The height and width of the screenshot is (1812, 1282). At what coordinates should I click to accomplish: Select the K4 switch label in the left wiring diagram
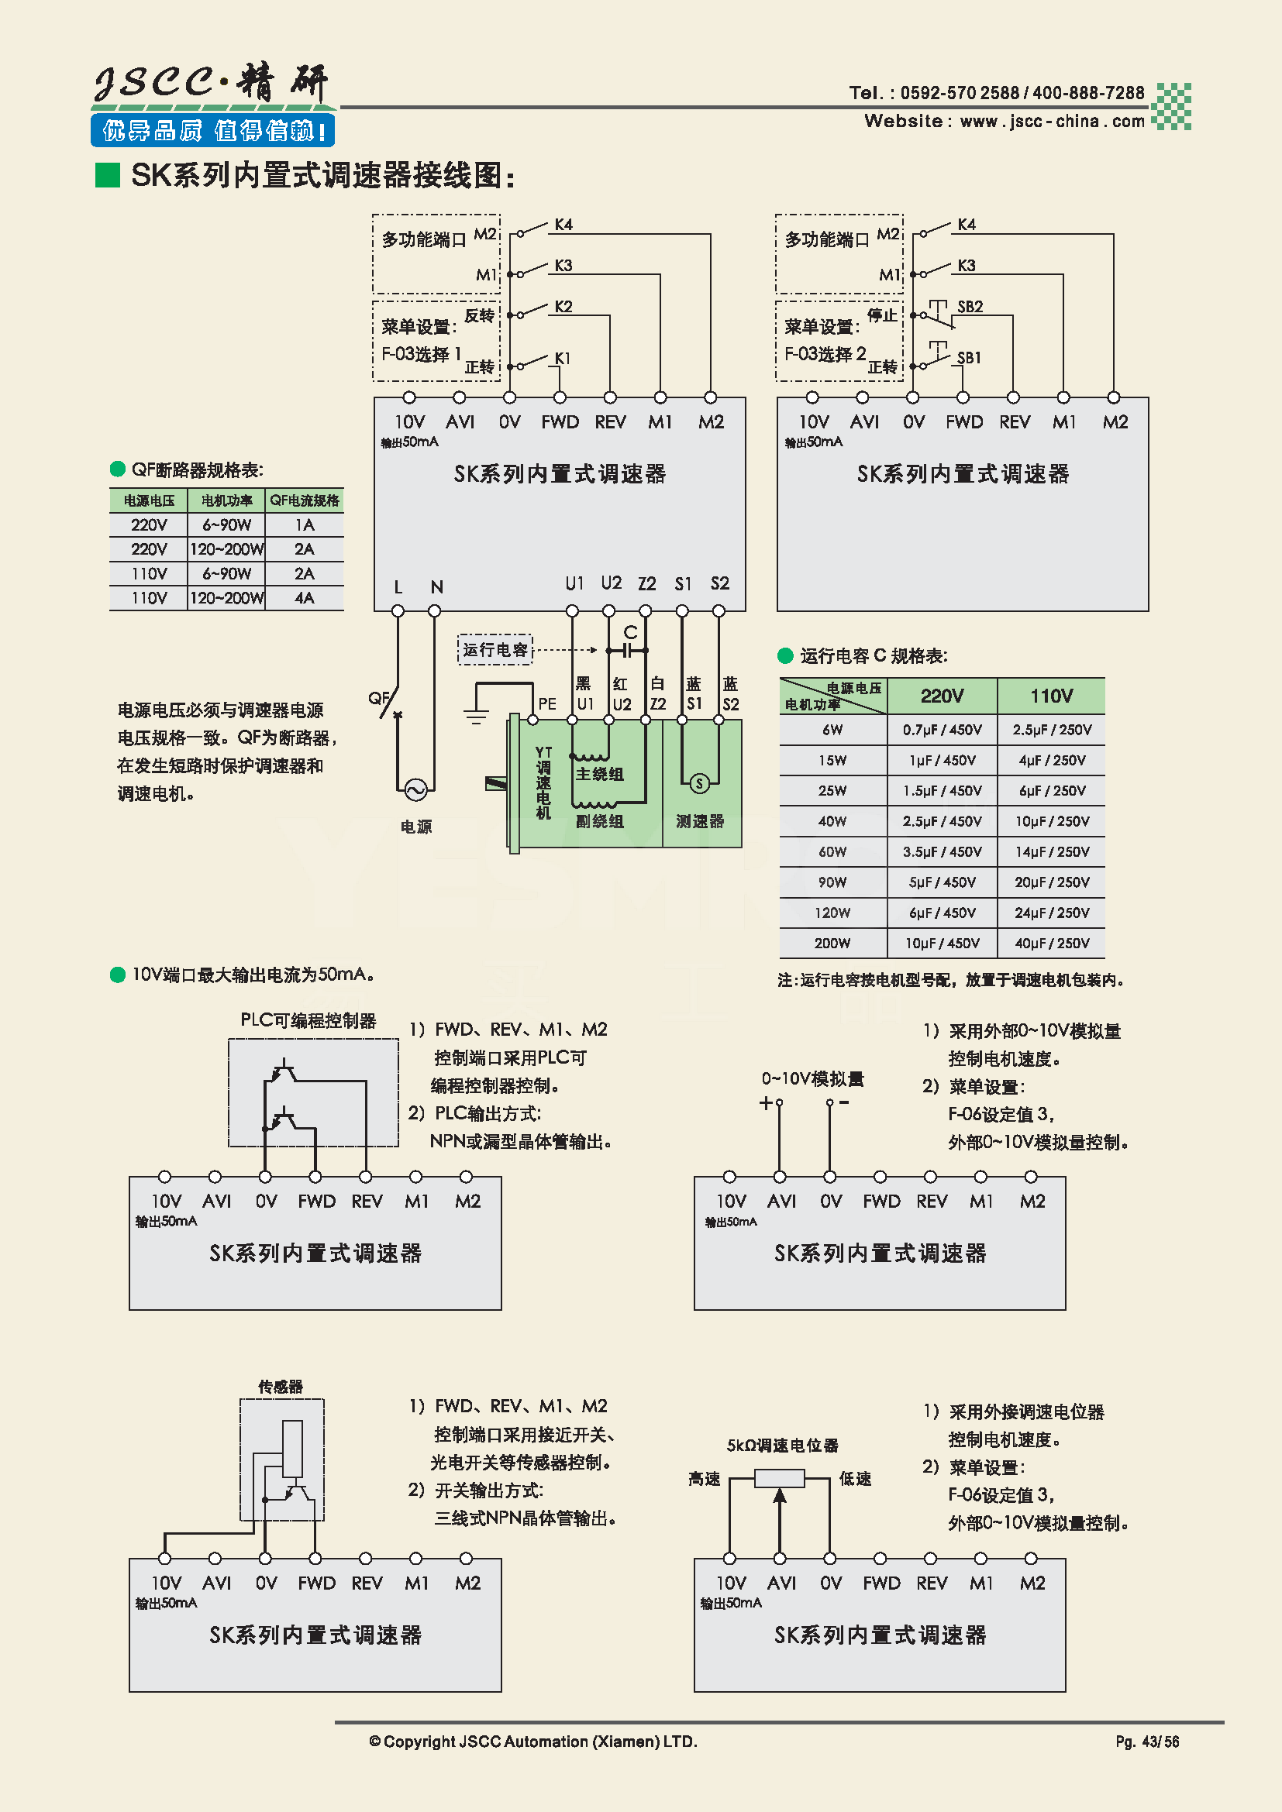563,224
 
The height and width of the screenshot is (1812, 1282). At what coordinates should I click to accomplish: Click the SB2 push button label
970,306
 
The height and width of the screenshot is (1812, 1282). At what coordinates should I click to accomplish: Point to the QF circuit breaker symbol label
378,698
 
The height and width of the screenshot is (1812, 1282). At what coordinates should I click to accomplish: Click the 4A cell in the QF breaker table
304,597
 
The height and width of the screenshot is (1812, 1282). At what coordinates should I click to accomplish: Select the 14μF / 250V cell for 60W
1052,851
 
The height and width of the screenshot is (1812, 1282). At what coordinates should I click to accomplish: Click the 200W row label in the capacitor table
832,943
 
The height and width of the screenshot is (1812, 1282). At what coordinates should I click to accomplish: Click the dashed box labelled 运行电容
495,649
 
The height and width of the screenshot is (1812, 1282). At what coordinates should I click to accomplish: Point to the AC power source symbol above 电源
415,789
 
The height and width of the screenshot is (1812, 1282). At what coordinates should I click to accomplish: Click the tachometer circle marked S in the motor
698,783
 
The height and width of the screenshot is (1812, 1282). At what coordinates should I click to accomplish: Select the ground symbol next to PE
476,714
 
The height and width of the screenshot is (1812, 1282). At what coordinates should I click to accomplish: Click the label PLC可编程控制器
308,1020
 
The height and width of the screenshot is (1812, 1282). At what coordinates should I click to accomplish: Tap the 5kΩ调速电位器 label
781,1445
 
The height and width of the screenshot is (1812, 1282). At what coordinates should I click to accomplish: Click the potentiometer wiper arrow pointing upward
779,1497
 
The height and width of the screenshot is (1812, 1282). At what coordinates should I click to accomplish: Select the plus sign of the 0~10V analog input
765,1102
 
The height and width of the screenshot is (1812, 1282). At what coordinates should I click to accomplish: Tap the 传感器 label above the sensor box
281,1387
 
